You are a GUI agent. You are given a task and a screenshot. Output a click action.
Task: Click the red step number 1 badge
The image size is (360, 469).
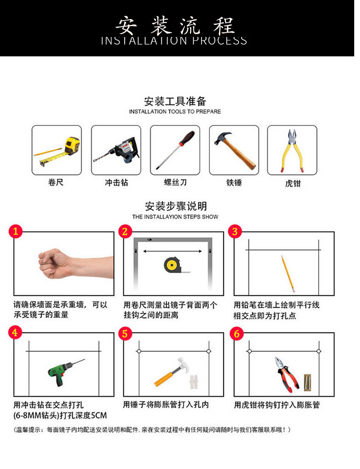tap(16, 231)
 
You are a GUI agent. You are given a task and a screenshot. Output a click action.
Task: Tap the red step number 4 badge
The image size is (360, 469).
tap(16, 332)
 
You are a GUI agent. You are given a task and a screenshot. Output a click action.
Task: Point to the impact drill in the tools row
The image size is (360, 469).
tap(116, 150)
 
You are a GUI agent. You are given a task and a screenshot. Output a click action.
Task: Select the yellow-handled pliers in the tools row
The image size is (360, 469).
tap(292, 150)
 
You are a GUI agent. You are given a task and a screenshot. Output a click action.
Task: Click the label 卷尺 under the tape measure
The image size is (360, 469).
tap(56, 182)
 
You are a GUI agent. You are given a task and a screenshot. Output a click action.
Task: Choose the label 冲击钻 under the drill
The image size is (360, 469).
tap(116, 182)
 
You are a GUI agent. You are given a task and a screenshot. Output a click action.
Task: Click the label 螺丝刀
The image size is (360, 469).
tap(175, 182)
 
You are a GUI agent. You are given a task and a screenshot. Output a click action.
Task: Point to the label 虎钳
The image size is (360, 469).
tap(292, 183)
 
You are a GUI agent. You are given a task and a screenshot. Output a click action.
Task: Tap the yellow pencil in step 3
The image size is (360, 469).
tap(288, 274)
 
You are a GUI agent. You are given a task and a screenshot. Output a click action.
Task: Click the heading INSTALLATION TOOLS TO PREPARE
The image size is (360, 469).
tap(175, 111)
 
